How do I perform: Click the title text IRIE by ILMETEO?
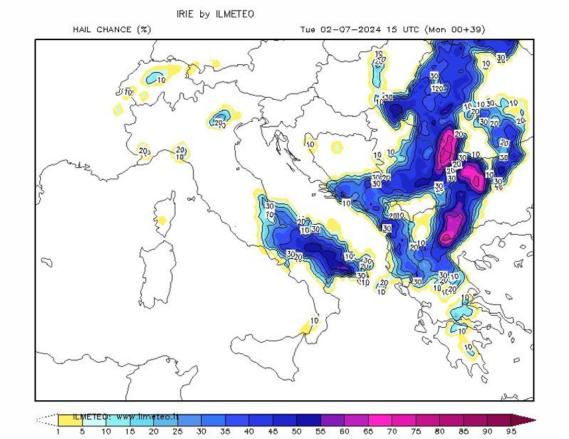tap(215, 14)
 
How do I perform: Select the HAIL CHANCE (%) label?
tap(112, 29)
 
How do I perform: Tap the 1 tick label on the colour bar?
tap(58, 432)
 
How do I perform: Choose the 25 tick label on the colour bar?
tap(177, 432)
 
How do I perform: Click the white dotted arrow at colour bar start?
tap(46, 420)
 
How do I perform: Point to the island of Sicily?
tap(268, 348)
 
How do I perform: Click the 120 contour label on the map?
tap(438, 89)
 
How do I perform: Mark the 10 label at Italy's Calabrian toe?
tap(315, 321)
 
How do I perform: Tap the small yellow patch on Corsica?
tap(161, 221)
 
